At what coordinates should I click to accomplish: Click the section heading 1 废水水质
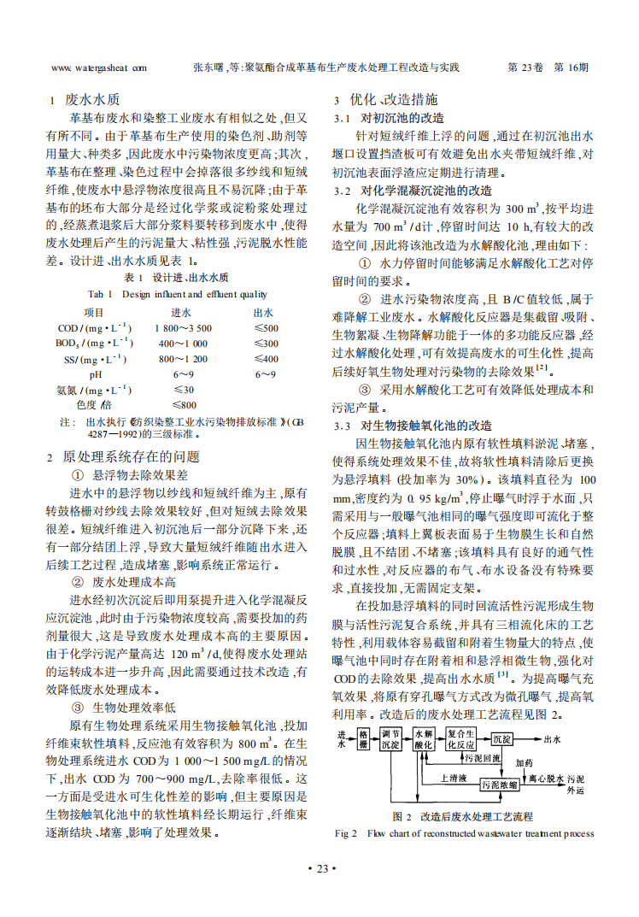85,98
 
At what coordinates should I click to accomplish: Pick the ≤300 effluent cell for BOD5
266,344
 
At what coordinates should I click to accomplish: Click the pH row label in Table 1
94,374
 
